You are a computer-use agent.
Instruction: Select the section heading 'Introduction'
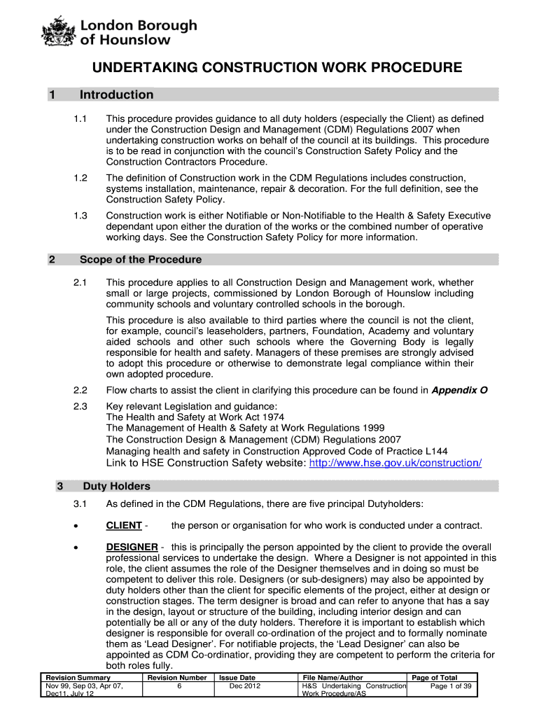[116, 95]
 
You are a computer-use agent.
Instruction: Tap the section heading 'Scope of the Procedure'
[140, 260]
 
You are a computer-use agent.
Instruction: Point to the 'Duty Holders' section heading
[116, 486]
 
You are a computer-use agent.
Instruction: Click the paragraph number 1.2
[80, 179]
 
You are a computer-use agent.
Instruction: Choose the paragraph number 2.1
[80, 282]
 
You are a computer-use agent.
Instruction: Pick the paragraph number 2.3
[80, 406]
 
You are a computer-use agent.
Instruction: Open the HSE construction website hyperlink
[395, 464]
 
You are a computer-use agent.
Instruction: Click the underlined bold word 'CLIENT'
[124, 526]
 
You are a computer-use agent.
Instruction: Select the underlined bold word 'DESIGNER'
[132, 547]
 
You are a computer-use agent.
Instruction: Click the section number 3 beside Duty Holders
[60, 486]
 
